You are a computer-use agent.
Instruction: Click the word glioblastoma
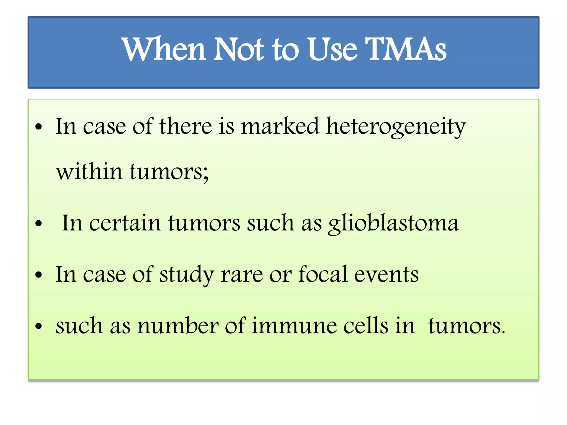tap(393, 224)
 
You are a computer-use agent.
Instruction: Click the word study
tap(187, 275)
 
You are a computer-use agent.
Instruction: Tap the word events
tap(386, 274)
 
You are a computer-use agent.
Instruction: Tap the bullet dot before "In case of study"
tap(39, 275)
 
